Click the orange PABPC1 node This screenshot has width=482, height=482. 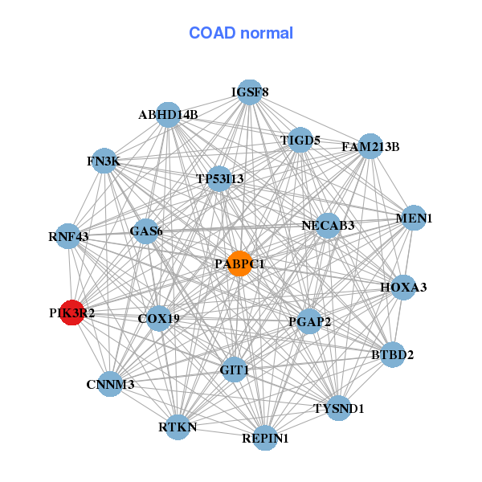(x=239, y=263)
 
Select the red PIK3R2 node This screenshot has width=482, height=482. (x=72, y=312)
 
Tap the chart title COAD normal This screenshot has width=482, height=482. (x=241, y=34)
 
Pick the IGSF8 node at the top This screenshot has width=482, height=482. (x=250, y=92)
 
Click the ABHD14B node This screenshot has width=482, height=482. (x=168, y=115)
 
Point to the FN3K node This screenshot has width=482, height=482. (x=104, y=161)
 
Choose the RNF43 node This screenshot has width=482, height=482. (x=69, y=236)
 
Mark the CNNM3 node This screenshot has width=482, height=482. (x=110, y=384)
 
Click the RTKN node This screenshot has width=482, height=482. (x=178, y=427)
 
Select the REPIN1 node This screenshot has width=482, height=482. (x=265, y=438)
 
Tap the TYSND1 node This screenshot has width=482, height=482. (x=338, y=408)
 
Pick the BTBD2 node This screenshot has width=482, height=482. (x=392, y=354)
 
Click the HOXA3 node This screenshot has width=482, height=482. (x=403, y=287)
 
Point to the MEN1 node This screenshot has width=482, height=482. (x=414, y=219)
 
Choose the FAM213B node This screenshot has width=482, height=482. (x=370, y=147)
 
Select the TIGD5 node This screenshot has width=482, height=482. (x=300, y=140)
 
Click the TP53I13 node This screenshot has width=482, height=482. (x=219, y=178)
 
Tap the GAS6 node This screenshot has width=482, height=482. (x=146, y=231)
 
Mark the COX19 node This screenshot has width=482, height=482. (x=158, y=318)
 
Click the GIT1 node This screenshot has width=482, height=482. (x=234, y=370)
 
